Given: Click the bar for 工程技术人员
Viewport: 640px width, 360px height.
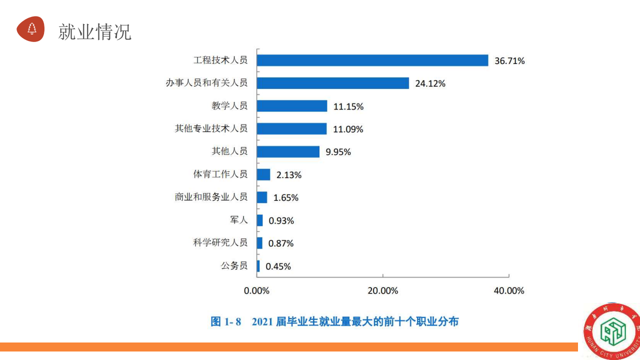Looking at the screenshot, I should (372, 60).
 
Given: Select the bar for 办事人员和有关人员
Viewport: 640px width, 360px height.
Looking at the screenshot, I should (333, 83).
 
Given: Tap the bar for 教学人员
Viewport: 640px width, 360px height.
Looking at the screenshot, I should (292, 106).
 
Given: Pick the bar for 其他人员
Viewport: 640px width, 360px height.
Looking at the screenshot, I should (288, 151).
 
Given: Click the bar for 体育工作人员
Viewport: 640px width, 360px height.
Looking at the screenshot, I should (263, 174).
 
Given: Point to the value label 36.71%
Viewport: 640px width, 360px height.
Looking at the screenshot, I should (509, 61).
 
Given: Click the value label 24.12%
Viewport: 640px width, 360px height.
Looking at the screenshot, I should (430, 84).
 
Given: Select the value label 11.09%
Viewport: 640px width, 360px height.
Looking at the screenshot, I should (348, 129).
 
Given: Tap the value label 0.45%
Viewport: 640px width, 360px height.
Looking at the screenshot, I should (278, 266).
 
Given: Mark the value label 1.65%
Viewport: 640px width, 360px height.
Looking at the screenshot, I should (285, 197).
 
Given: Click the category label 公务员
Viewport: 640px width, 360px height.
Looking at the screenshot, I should (234, 266).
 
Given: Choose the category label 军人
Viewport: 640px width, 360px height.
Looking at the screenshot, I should (238, 220).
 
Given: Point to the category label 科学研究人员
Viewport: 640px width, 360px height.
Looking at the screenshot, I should (220, 243).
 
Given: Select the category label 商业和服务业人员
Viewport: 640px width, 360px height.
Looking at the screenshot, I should (211, 197).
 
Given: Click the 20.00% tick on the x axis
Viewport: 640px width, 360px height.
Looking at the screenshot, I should (382, 290).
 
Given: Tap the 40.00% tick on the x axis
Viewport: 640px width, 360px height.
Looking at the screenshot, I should (508, 290).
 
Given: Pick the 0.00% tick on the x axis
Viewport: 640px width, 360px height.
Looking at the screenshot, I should (256, 290).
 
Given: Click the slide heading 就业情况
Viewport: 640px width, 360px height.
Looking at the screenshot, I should (94, 31).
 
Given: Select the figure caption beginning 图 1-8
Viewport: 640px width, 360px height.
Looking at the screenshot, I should (334, 321).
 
